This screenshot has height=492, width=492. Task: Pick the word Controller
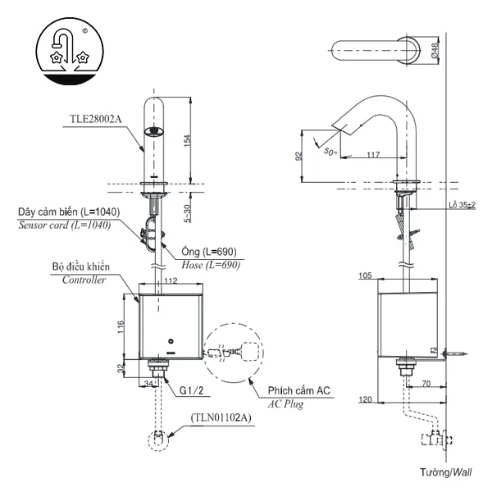(84, 280)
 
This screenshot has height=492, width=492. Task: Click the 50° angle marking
(330, 152)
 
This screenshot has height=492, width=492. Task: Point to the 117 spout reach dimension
(373, 155)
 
